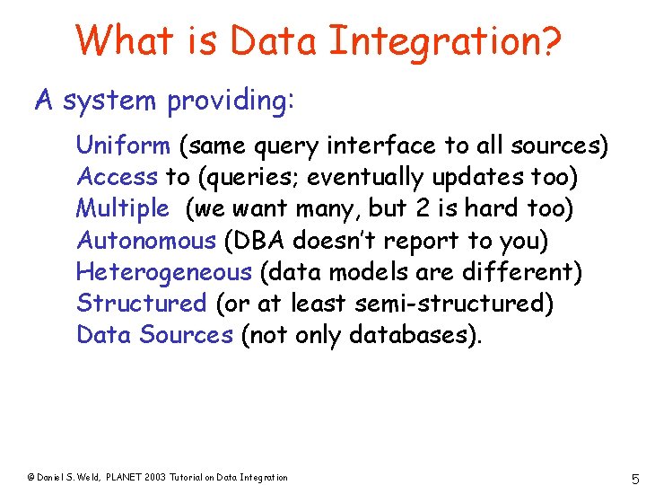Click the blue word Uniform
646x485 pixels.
[123, 145]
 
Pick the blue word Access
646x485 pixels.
[118, 176]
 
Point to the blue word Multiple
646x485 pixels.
[122, 208]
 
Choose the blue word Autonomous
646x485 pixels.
[146, 241]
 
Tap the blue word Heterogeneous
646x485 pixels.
[164, 272]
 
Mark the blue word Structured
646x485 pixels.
[142, 304]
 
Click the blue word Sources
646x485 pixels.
[192, 335]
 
